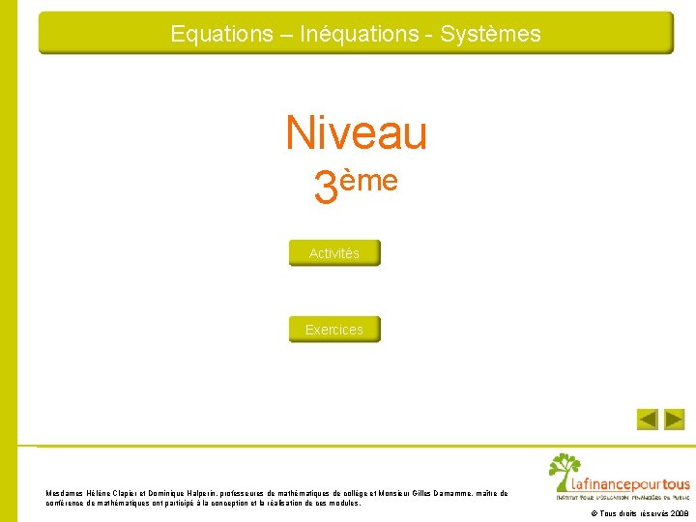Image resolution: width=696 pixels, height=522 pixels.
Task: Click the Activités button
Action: coord(334,253)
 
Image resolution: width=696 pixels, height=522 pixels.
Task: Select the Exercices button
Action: coord(334,330)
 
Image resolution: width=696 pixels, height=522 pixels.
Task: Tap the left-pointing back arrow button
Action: coord(648,420)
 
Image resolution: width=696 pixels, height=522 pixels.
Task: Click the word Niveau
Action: coord(356,133)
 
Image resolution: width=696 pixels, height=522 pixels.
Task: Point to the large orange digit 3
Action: coord(326,188)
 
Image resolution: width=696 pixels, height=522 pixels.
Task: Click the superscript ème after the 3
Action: coord(368,180)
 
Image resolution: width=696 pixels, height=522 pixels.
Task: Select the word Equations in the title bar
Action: coord(221,34)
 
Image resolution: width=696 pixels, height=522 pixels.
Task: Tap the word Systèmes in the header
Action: coord(490,34)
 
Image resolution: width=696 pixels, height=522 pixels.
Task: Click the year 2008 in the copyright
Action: coord(679,514)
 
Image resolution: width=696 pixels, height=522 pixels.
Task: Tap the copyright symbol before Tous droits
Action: coord(594,514)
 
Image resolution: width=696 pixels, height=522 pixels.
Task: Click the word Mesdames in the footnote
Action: coord(65,493)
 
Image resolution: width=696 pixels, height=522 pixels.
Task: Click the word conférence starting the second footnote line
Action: coord(66,503)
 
